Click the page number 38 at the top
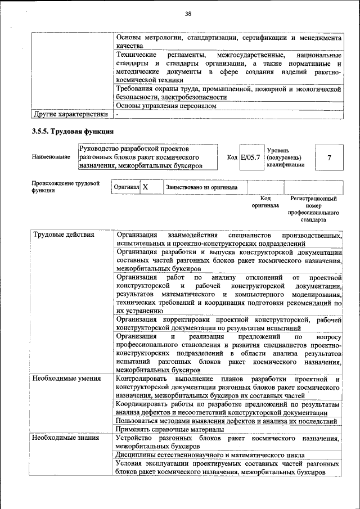(x=188, y=13)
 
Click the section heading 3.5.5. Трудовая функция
(x=73, y=132)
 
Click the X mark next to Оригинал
(x=145, y=187)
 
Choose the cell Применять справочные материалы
(x=169, y=429)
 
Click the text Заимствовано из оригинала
(x=201, y=187)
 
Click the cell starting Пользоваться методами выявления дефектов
(x=226, y=421)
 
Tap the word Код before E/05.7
(x=232, y=157)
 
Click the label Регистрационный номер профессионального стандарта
(x=313, y=210)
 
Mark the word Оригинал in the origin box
(x=126, y=187)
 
